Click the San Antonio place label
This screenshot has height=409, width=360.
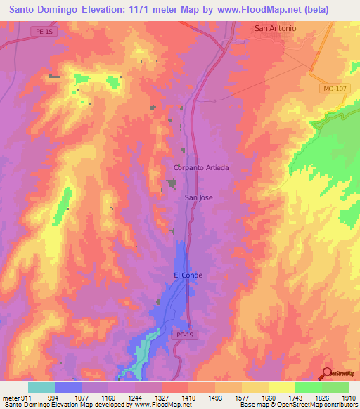click(275, 28)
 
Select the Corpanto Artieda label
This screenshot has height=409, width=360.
click(202, 168)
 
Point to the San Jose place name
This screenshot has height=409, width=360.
click(198, 197)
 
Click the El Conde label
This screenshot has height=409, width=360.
click(188, 275)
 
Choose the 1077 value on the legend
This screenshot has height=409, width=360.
click(79, 397)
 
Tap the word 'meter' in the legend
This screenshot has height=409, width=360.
click(9, 397)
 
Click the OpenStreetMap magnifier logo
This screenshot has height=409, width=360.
click(327, 372)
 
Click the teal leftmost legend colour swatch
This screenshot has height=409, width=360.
click(41, 387)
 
